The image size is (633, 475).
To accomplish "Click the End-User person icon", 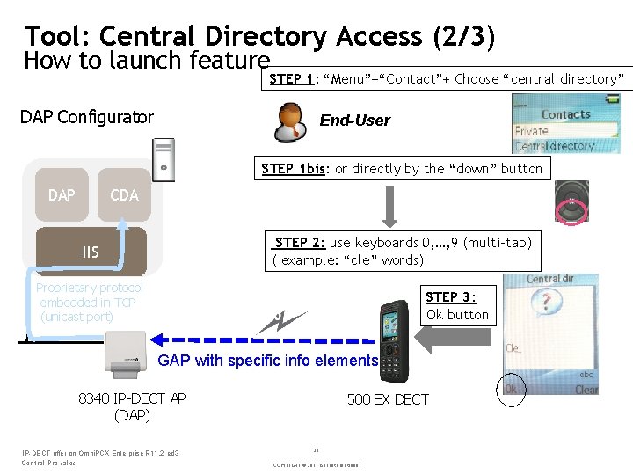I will coord(291,121).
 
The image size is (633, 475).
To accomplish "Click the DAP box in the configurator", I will coord(62,194).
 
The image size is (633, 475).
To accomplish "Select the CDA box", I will coord(124,194).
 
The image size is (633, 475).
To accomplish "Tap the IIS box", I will coord(90,252).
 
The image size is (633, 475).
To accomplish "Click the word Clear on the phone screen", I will coord(586,390).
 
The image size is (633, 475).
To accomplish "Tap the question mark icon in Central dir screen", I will coord(546,303).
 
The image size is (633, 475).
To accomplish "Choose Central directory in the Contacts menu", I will coord(554,146).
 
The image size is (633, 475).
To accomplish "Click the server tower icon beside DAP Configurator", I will coord(164,160).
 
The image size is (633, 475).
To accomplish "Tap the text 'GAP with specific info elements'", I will coord(267,360).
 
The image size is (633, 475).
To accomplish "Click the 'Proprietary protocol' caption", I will coord(89,288).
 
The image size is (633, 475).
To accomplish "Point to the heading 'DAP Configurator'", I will coord(86,117).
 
